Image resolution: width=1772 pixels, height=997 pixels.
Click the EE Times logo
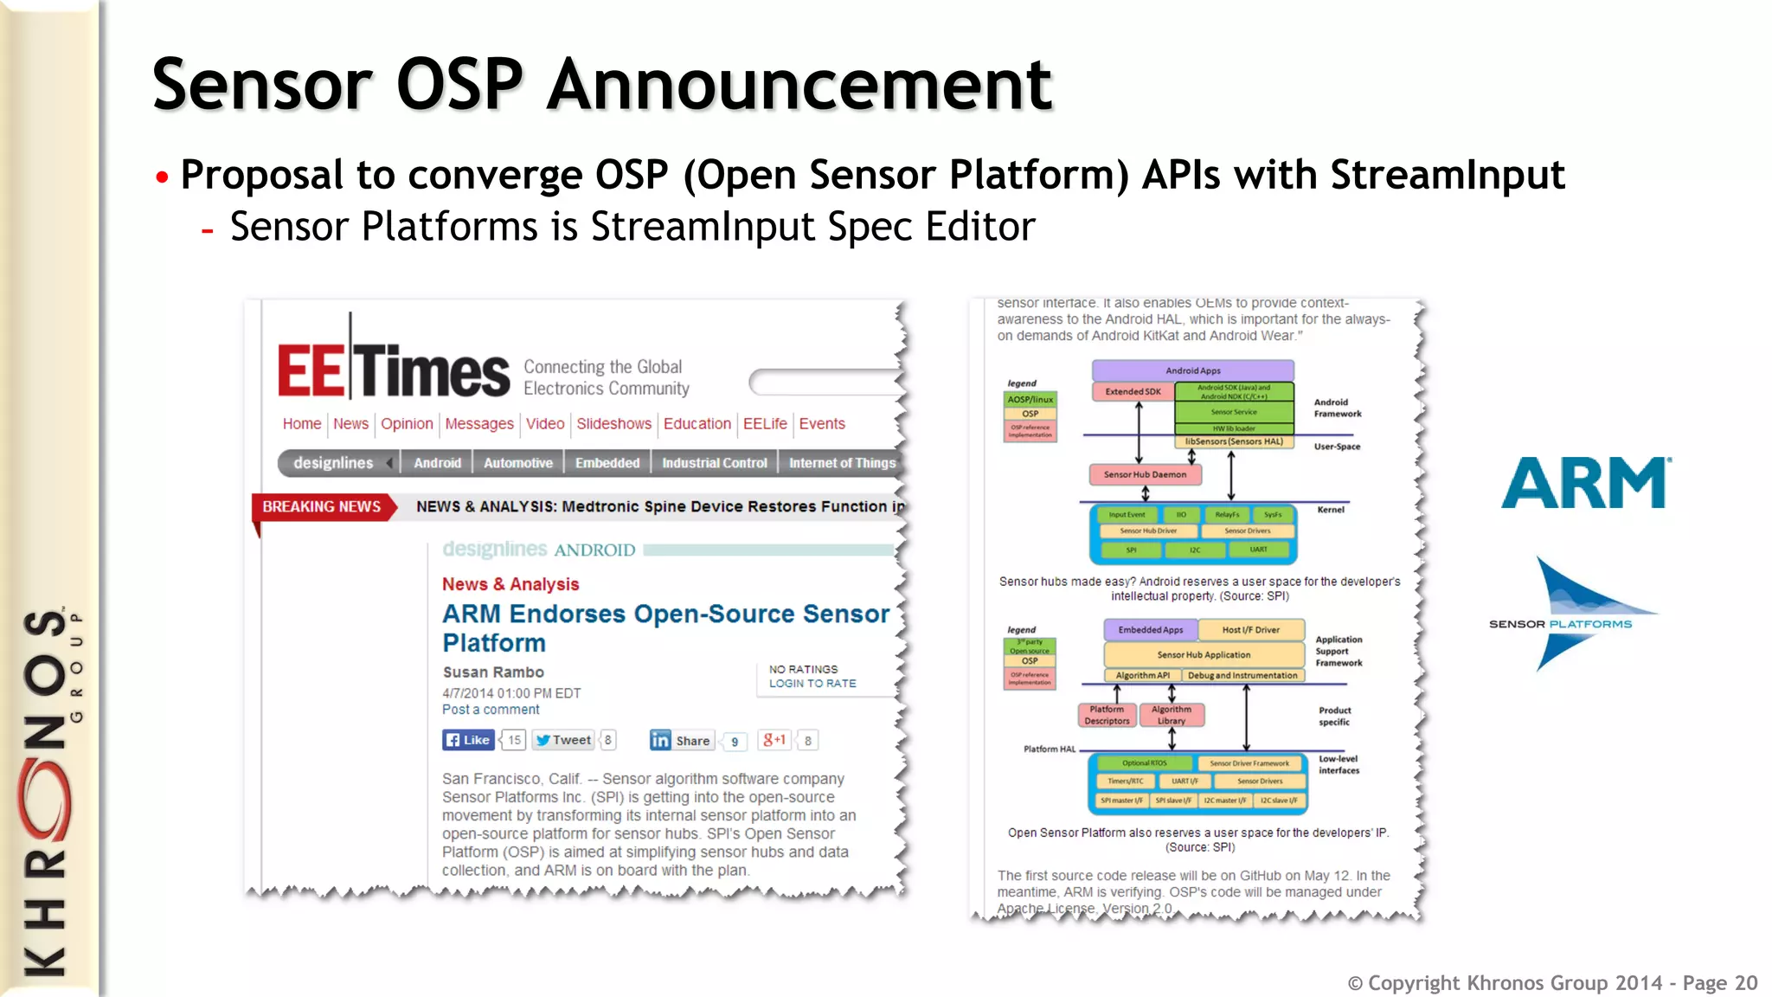[394, 370]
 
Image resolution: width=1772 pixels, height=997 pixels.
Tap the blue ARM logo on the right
[1586, 483]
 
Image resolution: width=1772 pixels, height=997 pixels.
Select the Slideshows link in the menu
[613, 424]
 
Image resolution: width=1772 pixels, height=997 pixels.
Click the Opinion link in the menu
[407, 424]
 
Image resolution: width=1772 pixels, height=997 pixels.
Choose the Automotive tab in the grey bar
[517, 463]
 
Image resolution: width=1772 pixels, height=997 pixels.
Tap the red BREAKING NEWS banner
[322, 506]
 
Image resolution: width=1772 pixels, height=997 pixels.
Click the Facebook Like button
[468, 740]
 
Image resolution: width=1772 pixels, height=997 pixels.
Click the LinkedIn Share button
[682, 740]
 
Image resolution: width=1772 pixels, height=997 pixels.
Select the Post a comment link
[491, 710]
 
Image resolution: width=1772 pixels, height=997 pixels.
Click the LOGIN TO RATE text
[812, 684]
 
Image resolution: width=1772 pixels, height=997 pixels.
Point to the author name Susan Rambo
[493, 672]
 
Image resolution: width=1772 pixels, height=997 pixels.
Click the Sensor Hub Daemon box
[1145, 474]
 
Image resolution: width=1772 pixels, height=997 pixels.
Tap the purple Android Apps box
[1192, 370]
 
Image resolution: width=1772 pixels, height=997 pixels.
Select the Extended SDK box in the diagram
[1133, 392]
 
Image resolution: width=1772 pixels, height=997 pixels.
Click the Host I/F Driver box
[1250, 630]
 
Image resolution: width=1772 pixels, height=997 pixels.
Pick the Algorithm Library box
[1172, 715]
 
